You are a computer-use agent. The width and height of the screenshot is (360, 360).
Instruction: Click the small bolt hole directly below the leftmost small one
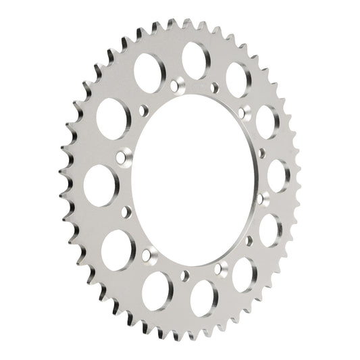click(x=124, y=213)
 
